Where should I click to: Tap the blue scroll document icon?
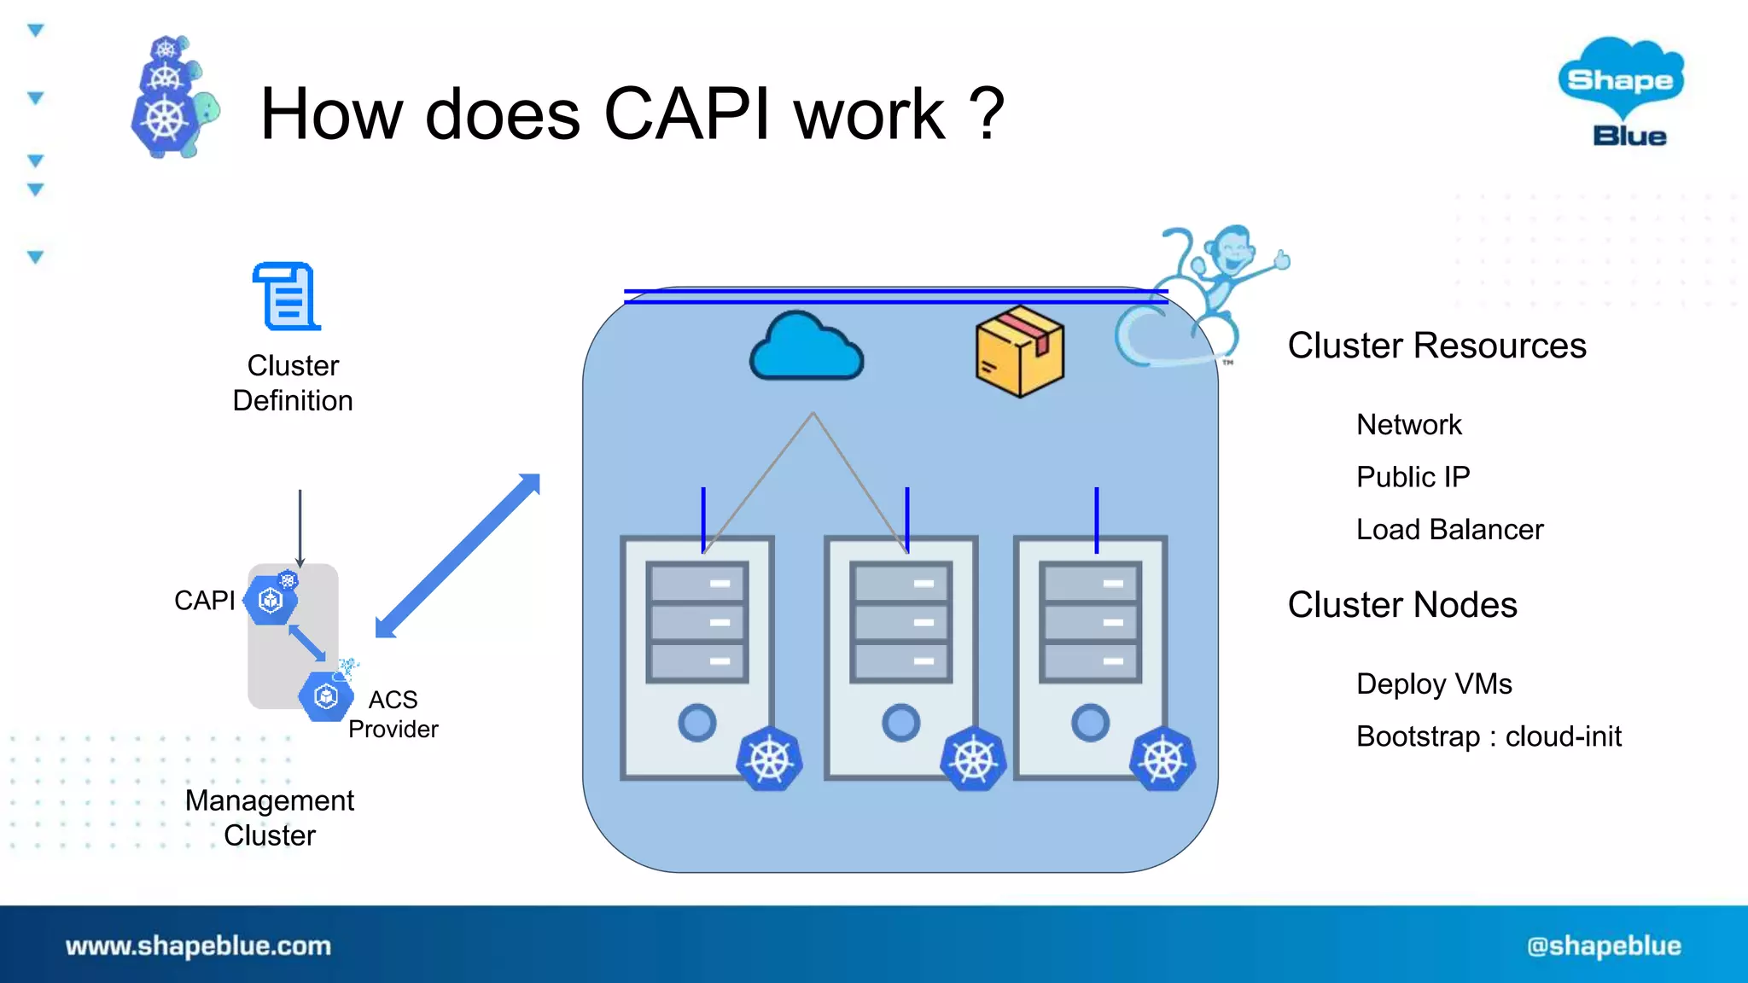288,297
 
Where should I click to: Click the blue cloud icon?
806,348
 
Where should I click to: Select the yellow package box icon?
1019,352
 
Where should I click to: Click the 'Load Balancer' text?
1449,530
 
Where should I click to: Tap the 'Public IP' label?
1413,477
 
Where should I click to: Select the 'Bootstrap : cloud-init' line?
1488,736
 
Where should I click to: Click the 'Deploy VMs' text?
1433,684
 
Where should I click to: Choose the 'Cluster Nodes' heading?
1401,605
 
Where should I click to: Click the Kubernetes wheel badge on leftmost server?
769,759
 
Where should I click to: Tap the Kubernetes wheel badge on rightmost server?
1162,759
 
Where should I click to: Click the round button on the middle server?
900,723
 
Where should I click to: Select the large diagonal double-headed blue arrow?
458,555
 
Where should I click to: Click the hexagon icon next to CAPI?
271,600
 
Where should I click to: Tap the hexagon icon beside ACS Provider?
325,697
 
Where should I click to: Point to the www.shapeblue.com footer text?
198,945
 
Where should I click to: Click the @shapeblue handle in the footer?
1603,945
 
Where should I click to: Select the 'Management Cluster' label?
270,817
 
